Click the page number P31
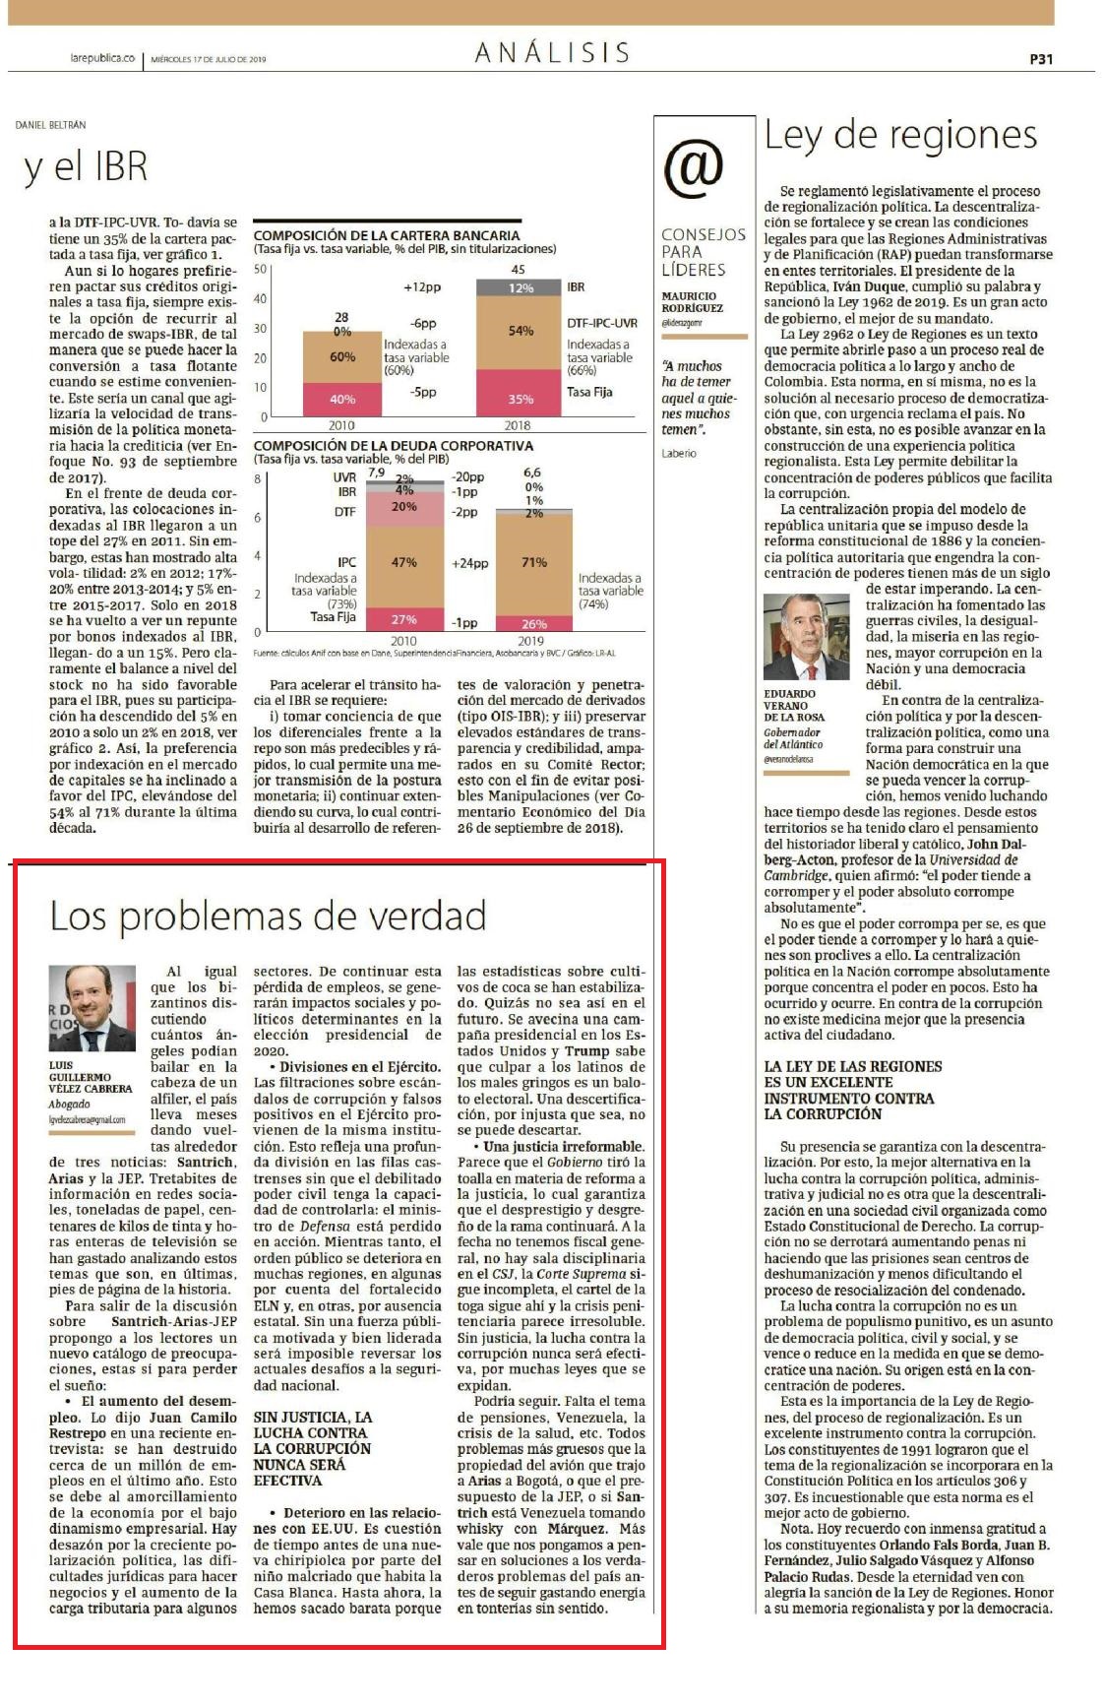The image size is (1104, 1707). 1040,59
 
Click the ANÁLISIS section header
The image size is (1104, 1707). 552,52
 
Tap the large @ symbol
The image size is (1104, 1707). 694,166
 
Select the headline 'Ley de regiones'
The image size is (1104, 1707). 900,135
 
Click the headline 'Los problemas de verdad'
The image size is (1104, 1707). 268,916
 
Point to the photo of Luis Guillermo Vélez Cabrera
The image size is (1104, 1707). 92,1007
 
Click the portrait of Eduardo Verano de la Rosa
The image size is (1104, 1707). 806,637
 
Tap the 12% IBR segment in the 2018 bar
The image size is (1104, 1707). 521,287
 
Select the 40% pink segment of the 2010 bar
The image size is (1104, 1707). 342,399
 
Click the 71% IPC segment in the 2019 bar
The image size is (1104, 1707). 535,562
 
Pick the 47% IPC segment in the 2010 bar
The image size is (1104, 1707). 404,562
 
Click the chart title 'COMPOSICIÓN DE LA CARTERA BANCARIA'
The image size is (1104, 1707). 387,235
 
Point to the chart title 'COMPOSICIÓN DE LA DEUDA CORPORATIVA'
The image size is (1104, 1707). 394,446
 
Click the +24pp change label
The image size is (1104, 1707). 470,563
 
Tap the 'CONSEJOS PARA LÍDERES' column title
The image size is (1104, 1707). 704,252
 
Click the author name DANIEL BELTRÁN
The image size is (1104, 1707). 51,125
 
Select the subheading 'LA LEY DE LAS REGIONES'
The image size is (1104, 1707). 853,1066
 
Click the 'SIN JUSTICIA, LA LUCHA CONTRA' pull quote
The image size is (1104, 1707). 313,1424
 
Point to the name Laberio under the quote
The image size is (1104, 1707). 679,453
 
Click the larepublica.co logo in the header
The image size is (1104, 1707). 101,59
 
